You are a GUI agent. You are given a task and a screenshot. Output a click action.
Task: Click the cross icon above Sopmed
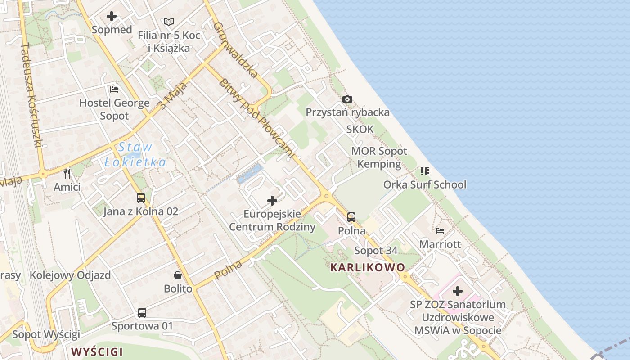click(x=111, y=17)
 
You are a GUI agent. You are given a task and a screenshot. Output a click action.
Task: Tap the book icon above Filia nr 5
click(x=169, y=22)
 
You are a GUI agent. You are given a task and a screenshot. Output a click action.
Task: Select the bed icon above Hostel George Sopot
click(x=114, y=90)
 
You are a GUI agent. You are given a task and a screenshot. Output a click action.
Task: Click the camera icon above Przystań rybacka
click(x=347, y=99)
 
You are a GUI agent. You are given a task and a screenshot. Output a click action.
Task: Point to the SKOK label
click(x=360, y=130)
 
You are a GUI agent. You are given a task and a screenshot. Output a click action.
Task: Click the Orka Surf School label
click(x=425, y=184)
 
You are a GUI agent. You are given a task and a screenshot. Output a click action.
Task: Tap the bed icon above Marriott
click(x=440, y=231)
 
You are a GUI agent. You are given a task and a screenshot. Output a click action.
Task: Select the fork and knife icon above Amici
click(x=67, y=174)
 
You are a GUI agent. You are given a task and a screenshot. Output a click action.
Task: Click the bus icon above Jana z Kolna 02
click(x=141, y=198)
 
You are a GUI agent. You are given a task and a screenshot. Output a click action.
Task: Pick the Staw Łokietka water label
click(x=135, y=154)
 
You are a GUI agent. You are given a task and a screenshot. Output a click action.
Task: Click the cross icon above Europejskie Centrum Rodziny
click(x=272, y=201)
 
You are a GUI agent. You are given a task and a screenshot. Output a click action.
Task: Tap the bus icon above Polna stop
click(x=351, y=217)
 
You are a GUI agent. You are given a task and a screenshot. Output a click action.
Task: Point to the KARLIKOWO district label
click(x=368, y=267)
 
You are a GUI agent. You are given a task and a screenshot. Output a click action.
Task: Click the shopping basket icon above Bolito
click(x=178, y=275)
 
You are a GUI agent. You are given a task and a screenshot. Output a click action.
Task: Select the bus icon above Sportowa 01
click(x=142, y=312)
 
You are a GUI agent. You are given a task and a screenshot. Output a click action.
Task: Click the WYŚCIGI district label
click(x=97, y=351)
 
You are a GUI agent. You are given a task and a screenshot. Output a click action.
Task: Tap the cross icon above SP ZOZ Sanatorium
click(x=458, y=291)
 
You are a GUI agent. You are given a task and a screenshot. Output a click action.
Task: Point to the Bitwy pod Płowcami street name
click(x=256, y=118)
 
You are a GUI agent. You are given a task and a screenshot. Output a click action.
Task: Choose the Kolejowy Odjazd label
click(x=70, y=275)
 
